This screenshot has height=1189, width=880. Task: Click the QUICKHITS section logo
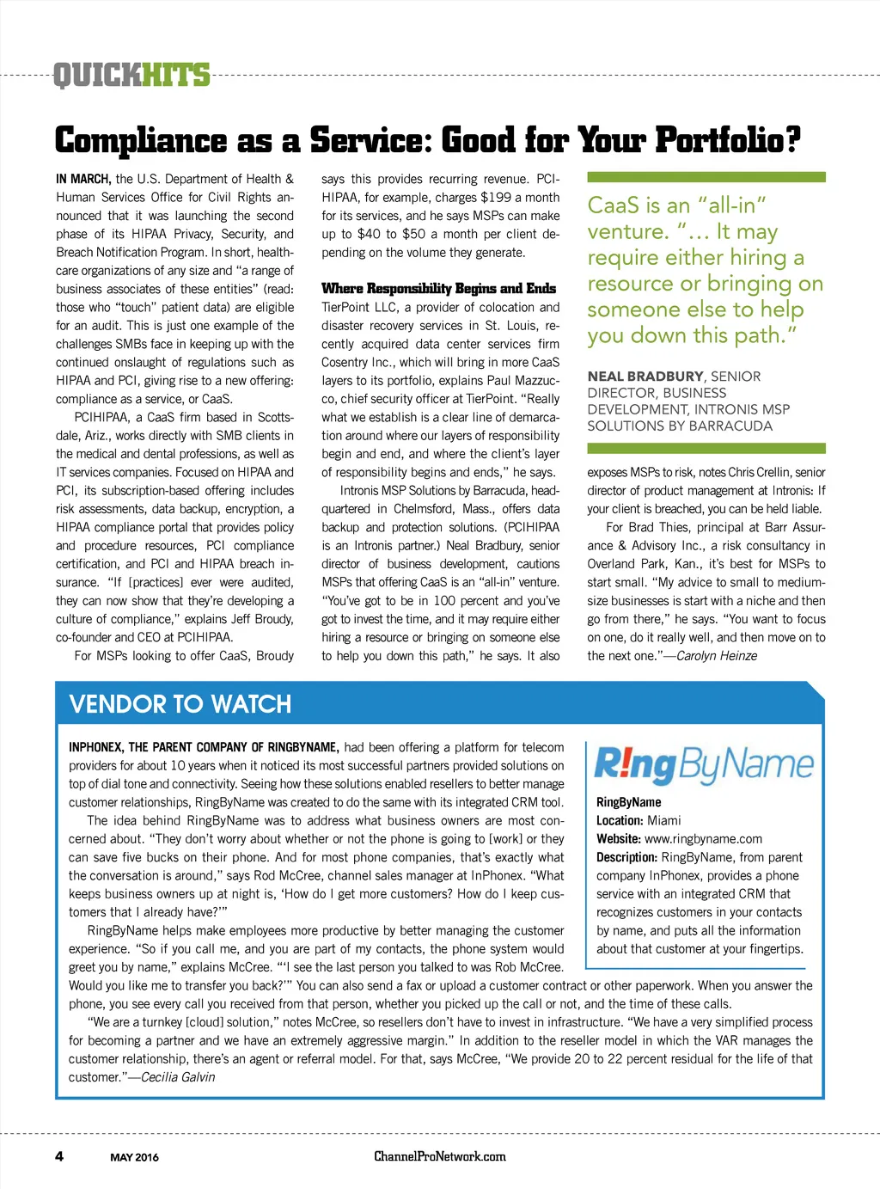coord(131,76)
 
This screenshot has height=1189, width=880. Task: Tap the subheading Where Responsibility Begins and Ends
coord(438,288)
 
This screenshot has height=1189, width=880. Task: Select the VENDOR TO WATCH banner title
coord(180,704)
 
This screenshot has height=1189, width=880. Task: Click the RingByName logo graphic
coord(704,764)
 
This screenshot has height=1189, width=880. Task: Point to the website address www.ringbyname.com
coord(703,839)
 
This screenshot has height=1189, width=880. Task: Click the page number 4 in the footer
coord(59,1155)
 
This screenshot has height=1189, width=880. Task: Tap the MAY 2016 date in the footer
coord(134,1157)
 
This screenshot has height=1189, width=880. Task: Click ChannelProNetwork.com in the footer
coord(440,1156)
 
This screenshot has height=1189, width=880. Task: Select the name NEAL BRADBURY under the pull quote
coord(645,377)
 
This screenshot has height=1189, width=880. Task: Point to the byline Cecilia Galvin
coord(178,1077)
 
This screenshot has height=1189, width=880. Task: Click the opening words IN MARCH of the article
coord(83,180)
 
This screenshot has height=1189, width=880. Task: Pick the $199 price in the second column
coord(496,198)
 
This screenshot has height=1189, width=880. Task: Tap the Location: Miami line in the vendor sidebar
coord(639,821)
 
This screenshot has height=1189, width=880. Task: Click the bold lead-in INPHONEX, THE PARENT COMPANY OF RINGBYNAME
coord(204,747)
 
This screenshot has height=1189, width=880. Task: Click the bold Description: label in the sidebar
coord(626,857)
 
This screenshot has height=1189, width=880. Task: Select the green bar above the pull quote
coord(706,177)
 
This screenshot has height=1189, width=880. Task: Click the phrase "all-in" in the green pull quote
coord(731,205)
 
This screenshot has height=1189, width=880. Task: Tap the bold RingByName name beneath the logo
coord(628,802)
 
